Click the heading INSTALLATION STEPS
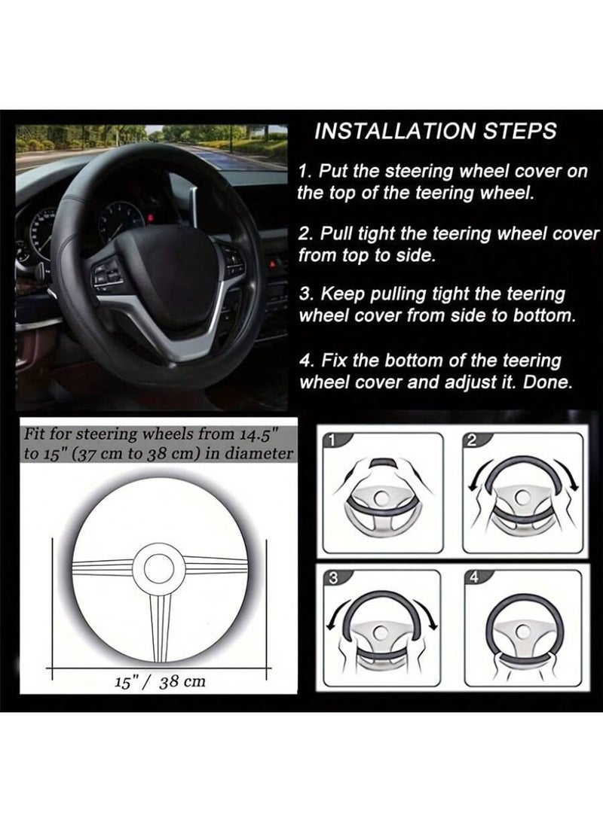(435, 131)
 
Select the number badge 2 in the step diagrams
(471, 441)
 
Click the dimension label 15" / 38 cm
(159, 681)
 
